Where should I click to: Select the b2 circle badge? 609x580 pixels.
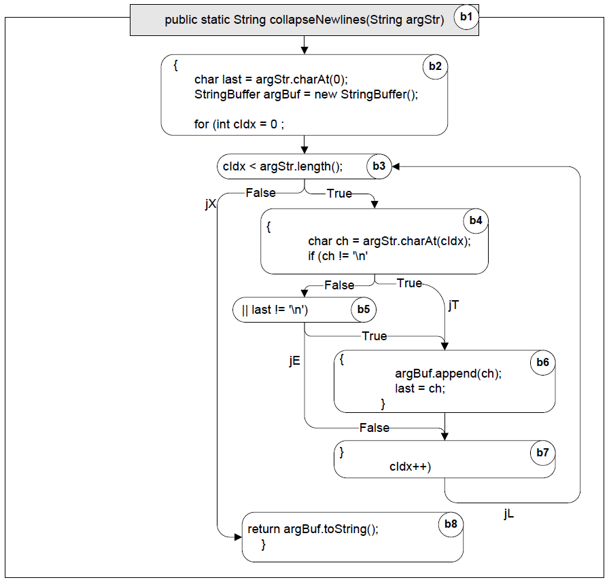pyautogui.click(x=434, y=67)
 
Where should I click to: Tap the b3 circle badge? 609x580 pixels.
pyautogui.click(x=379, y=166)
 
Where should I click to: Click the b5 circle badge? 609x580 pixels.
pyautogui.click(x=363, y=310)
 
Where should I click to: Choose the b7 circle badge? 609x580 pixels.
pyautogui.click(x=542, y=453)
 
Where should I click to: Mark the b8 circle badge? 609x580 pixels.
pyautogui.click(x=450, y=524)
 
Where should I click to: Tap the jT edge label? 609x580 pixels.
pyautogui.click(x=454, y=305)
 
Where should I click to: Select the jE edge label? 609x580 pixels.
pyautogui.click(x=294, y=361)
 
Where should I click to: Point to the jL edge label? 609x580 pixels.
pyautogui.click(x=509, y=514)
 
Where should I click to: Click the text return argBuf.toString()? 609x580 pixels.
pyautogui.click(x=313, y=530)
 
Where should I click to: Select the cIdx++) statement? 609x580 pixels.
pyautogui.click(x=411, y=467)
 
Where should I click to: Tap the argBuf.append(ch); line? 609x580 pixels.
pyautogui.click(x=448, y=374)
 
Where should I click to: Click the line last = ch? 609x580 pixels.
pyautogui.click(x=420, y=388)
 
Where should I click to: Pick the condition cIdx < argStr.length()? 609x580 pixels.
pyautogui.click(x=282, y=166)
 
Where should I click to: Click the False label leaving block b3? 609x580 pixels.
pyautogui.click(x=260, y=193)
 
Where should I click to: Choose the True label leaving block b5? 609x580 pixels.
pyautogui.click(x=375, y=336)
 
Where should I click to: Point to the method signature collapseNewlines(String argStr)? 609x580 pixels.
pyautogui.click(x=304, y=20)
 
